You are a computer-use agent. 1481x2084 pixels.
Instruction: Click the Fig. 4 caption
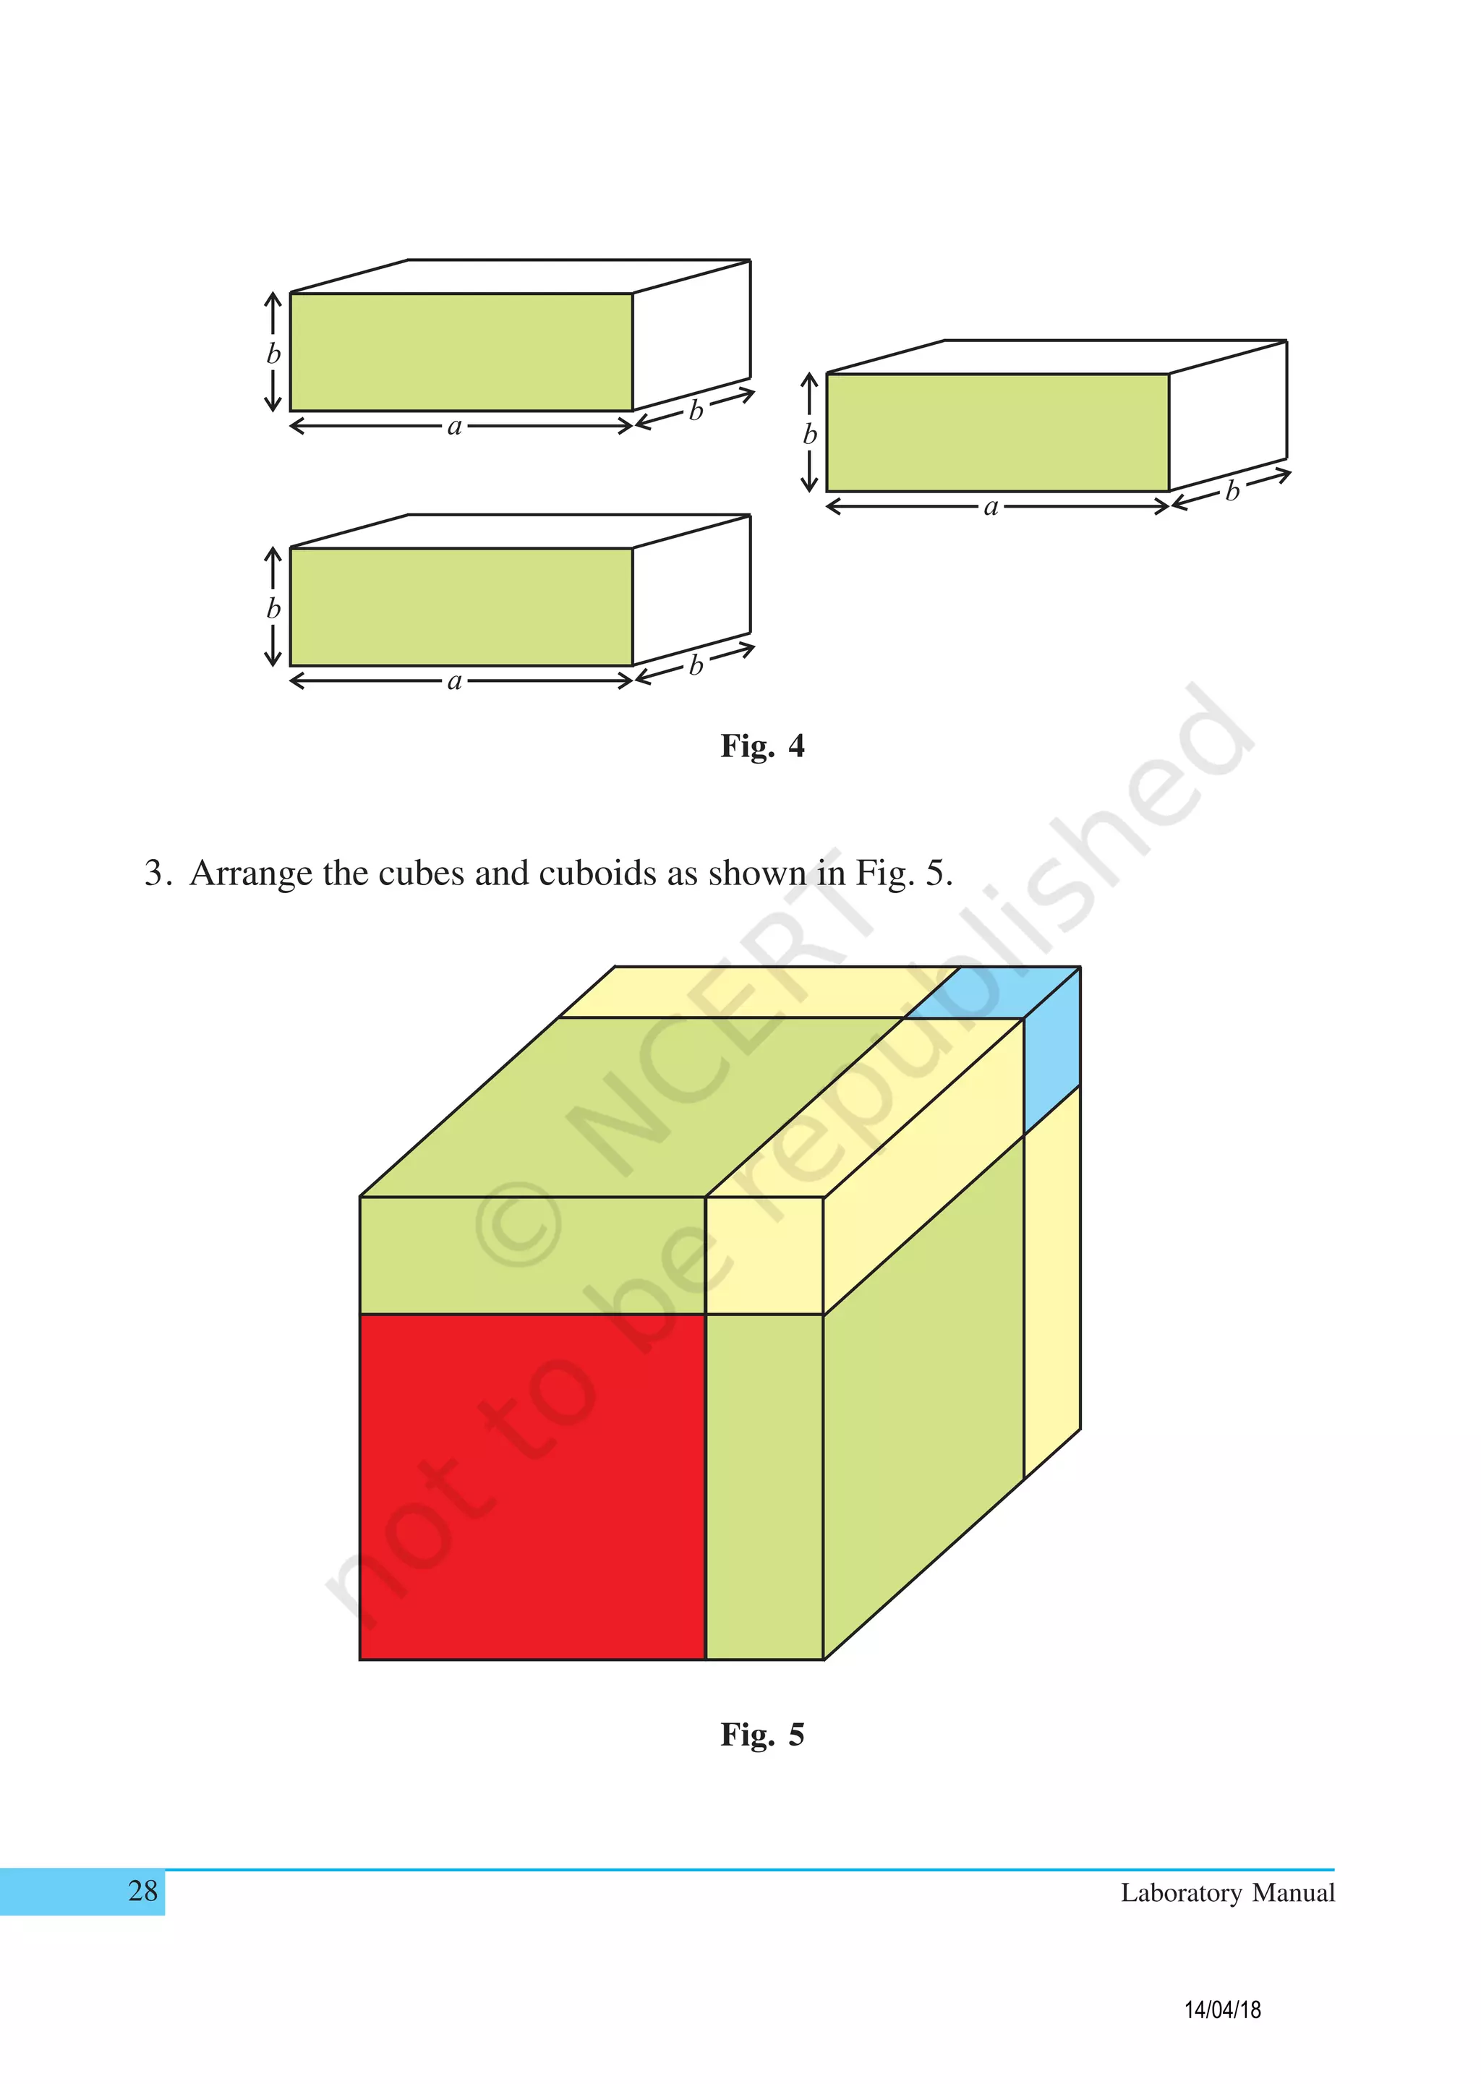pos(761,746)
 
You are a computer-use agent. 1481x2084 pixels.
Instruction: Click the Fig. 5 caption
pos(761,1734)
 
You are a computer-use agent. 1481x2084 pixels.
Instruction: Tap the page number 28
pos(143,1891)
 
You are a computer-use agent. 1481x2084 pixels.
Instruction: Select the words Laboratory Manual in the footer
pos(1226,1892)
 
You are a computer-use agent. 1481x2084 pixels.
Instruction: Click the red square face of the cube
pos(532,1486)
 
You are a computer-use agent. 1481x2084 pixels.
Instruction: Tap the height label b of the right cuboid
pos(809,434)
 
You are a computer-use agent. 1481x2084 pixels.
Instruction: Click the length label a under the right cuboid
pos(991,507)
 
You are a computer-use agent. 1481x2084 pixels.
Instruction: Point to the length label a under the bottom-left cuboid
pos(455,681)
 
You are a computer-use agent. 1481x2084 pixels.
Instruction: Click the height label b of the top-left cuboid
pos(273,354)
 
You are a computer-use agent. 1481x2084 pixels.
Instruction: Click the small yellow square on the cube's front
pos(764,1255)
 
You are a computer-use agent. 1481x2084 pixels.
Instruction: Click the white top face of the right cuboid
pos(1056,356)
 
